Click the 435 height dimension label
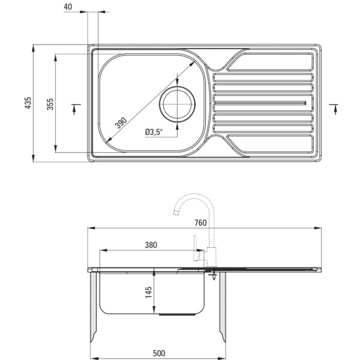click(28, 103)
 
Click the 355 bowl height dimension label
click(50, 104)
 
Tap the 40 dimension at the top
click(68, 7)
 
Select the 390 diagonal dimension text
click(121, 123)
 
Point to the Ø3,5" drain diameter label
click(154, 132)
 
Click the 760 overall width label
click(200, 223)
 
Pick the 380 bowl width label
click(151, 245)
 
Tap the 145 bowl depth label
click(149, 292)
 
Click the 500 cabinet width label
click(159, 353)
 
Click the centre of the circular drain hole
click(177, 104)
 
